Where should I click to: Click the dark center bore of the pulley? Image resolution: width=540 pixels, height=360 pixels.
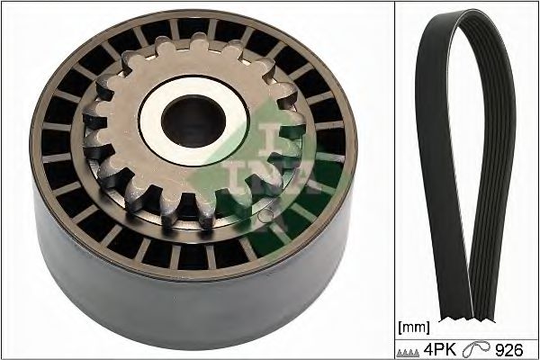tap(193, 121)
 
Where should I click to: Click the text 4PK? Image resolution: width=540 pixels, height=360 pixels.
tap(439, 350)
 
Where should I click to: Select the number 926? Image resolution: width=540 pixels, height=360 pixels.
tap(509, 350)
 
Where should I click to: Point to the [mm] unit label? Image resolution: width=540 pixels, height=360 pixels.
tap(414, 328)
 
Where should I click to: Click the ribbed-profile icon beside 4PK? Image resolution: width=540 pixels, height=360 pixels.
tap(408, 353)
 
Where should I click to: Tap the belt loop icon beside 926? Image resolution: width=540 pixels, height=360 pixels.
tap(475, 349)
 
